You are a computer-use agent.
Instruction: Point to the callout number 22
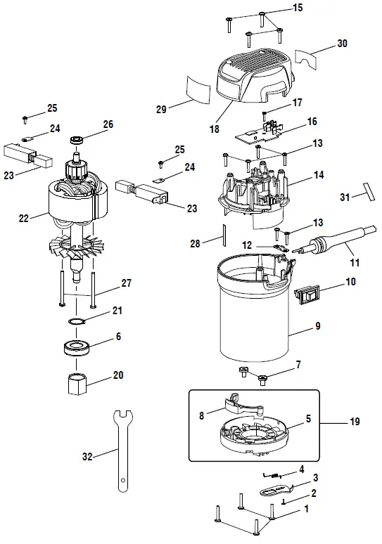tap(23, 219)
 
